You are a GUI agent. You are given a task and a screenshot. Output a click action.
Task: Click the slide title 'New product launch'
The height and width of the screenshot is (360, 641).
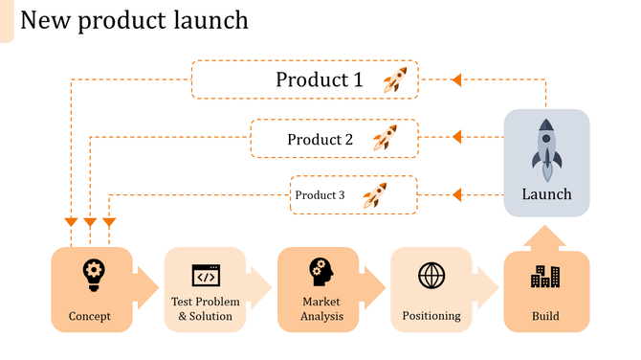(134, 19)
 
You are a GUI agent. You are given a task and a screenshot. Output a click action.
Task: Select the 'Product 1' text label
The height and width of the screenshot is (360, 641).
(320, 79)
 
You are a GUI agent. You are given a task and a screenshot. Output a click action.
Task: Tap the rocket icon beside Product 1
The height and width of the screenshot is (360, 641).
(394, 79)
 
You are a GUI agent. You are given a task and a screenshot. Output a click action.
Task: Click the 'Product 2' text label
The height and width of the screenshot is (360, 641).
(320, 139)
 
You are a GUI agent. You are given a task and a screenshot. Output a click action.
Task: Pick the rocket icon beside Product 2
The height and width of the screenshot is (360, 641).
(385, 139)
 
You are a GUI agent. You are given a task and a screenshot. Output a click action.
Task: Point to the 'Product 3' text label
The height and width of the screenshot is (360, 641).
(320, 195)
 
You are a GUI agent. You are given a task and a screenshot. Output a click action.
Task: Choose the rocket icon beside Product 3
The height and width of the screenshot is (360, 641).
(375, 195)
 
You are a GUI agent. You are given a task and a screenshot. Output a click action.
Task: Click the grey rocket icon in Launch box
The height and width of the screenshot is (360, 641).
(546, 150)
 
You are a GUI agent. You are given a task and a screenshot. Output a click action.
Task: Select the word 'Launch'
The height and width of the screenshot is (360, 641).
(546, 194)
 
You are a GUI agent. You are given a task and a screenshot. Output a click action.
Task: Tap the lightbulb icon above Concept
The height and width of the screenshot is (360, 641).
(93, 274)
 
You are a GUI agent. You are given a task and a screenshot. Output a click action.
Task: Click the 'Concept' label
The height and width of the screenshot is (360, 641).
(90, 316)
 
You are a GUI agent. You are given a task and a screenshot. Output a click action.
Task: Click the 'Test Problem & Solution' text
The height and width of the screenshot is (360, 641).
(205, 309)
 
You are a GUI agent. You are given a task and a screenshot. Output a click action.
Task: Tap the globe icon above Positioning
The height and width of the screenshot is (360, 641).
(431, 276)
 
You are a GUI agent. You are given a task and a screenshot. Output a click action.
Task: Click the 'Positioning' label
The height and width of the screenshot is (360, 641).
(431, 316)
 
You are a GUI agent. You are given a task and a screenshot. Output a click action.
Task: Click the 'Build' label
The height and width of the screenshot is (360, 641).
(545, 316)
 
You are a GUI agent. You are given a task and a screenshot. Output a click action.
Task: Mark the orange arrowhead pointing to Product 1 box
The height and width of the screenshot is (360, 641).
(456, 79)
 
